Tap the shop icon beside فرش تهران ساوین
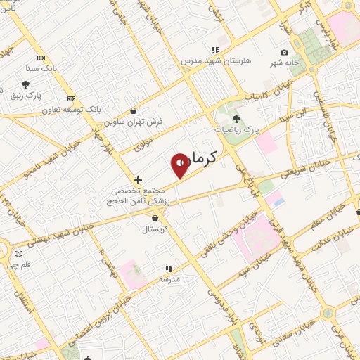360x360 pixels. (134, 110)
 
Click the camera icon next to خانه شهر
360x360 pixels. (284, 53)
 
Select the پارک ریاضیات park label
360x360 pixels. (236, 129)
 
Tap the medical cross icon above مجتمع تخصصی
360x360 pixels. (138, 180)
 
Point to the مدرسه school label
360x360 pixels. (169, 279)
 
